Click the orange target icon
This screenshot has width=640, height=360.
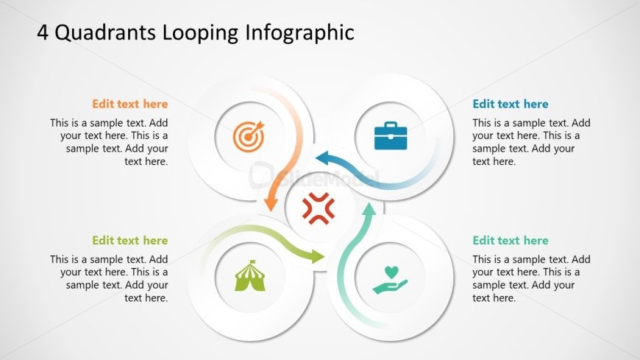click(247, 136)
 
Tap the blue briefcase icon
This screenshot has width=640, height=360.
click(391, 136)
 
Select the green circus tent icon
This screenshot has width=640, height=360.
click(250, 275)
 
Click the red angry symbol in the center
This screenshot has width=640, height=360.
click(319, 208)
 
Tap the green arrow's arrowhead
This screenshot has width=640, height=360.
click(317, 256)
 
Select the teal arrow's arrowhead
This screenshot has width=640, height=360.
click(369, 211)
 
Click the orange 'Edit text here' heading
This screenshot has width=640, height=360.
click(129, 104)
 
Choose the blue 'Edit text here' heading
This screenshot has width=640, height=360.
click(510, 104)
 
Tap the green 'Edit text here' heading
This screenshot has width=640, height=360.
click(129, 240)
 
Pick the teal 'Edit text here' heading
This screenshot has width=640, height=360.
click(510, 240)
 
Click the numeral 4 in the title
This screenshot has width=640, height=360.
click(43, 32)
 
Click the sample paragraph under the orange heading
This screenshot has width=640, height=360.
click(109, 142)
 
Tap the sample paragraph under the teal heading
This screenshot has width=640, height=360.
click(531, 278)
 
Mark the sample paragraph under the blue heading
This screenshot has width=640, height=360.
click(531, 142)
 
